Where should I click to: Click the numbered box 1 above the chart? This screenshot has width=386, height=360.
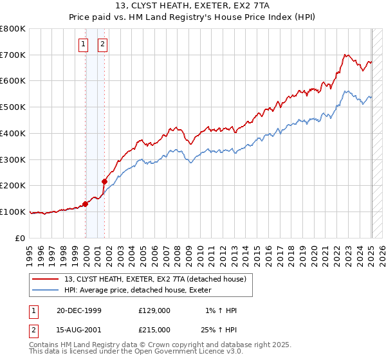tap(84, 44)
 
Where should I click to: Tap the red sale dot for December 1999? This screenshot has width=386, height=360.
tap(85, 204)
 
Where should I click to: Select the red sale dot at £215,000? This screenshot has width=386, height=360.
tap(104, 181)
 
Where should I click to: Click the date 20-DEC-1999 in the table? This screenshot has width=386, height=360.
tap(78, 310)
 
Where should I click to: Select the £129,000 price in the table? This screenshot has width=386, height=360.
tap(154, 310)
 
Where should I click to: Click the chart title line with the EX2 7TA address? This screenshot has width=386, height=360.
tap(193, 8)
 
